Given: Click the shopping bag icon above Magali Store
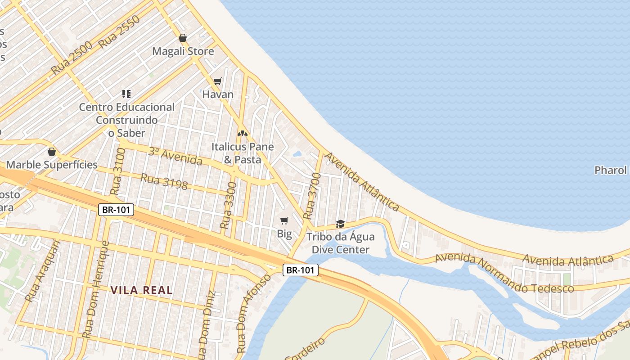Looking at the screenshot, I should (182, 38).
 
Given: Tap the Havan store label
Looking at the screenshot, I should (218, 94).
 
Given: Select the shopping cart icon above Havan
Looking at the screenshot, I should (218, 81).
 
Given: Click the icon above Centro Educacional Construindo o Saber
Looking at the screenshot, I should (126, 94).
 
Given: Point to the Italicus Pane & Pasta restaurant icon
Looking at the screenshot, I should (243, 134).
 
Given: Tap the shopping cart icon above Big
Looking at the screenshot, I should (284, 220).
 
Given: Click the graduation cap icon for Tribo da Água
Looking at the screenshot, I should (340, 224).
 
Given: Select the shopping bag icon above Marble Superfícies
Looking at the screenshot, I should (52, 152).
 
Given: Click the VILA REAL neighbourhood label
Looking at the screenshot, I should (142, 290).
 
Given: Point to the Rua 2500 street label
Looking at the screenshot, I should (72, 58).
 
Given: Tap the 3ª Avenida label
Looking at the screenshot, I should (175, 156).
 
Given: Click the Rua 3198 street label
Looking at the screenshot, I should (164, 182).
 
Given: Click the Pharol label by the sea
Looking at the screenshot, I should (611, 170).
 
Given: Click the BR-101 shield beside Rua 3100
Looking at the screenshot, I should (116, 209).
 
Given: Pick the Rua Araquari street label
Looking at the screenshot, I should (42, 270).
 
